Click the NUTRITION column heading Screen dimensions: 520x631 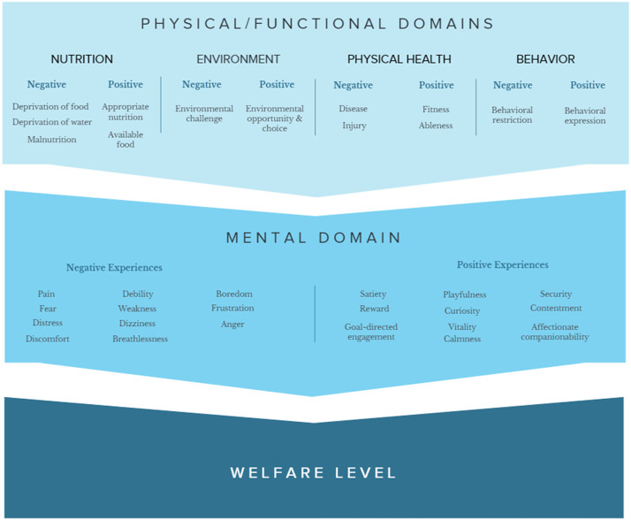[81, 59]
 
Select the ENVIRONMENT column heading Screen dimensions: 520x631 [238, 59]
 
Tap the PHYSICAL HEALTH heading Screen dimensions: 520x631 [399, 59]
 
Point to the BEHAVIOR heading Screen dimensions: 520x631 [545, 59]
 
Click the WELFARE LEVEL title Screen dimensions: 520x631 [314, 472]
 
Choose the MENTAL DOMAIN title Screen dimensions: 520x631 [314, 237]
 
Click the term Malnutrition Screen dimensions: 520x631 [51, 140]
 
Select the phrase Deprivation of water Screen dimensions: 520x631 [51, 122]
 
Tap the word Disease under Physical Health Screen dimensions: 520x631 [353, 109]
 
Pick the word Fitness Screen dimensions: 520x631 [435, 109]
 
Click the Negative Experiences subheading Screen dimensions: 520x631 [114, 267]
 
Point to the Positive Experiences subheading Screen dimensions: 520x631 [502, 264]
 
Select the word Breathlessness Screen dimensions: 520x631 [140, 339]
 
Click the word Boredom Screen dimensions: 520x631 [233, 294]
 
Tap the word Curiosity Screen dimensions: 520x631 [462, 310]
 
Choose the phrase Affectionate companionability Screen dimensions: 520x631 [555, 332]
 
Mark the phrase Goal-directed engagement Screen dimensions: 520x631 [371, 332]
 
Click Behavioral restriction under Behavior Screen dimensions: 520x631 [512, 115]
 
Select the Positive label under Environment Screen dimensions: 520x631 [277, 85]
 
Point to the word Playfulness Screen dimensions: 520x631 [464, 294]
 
